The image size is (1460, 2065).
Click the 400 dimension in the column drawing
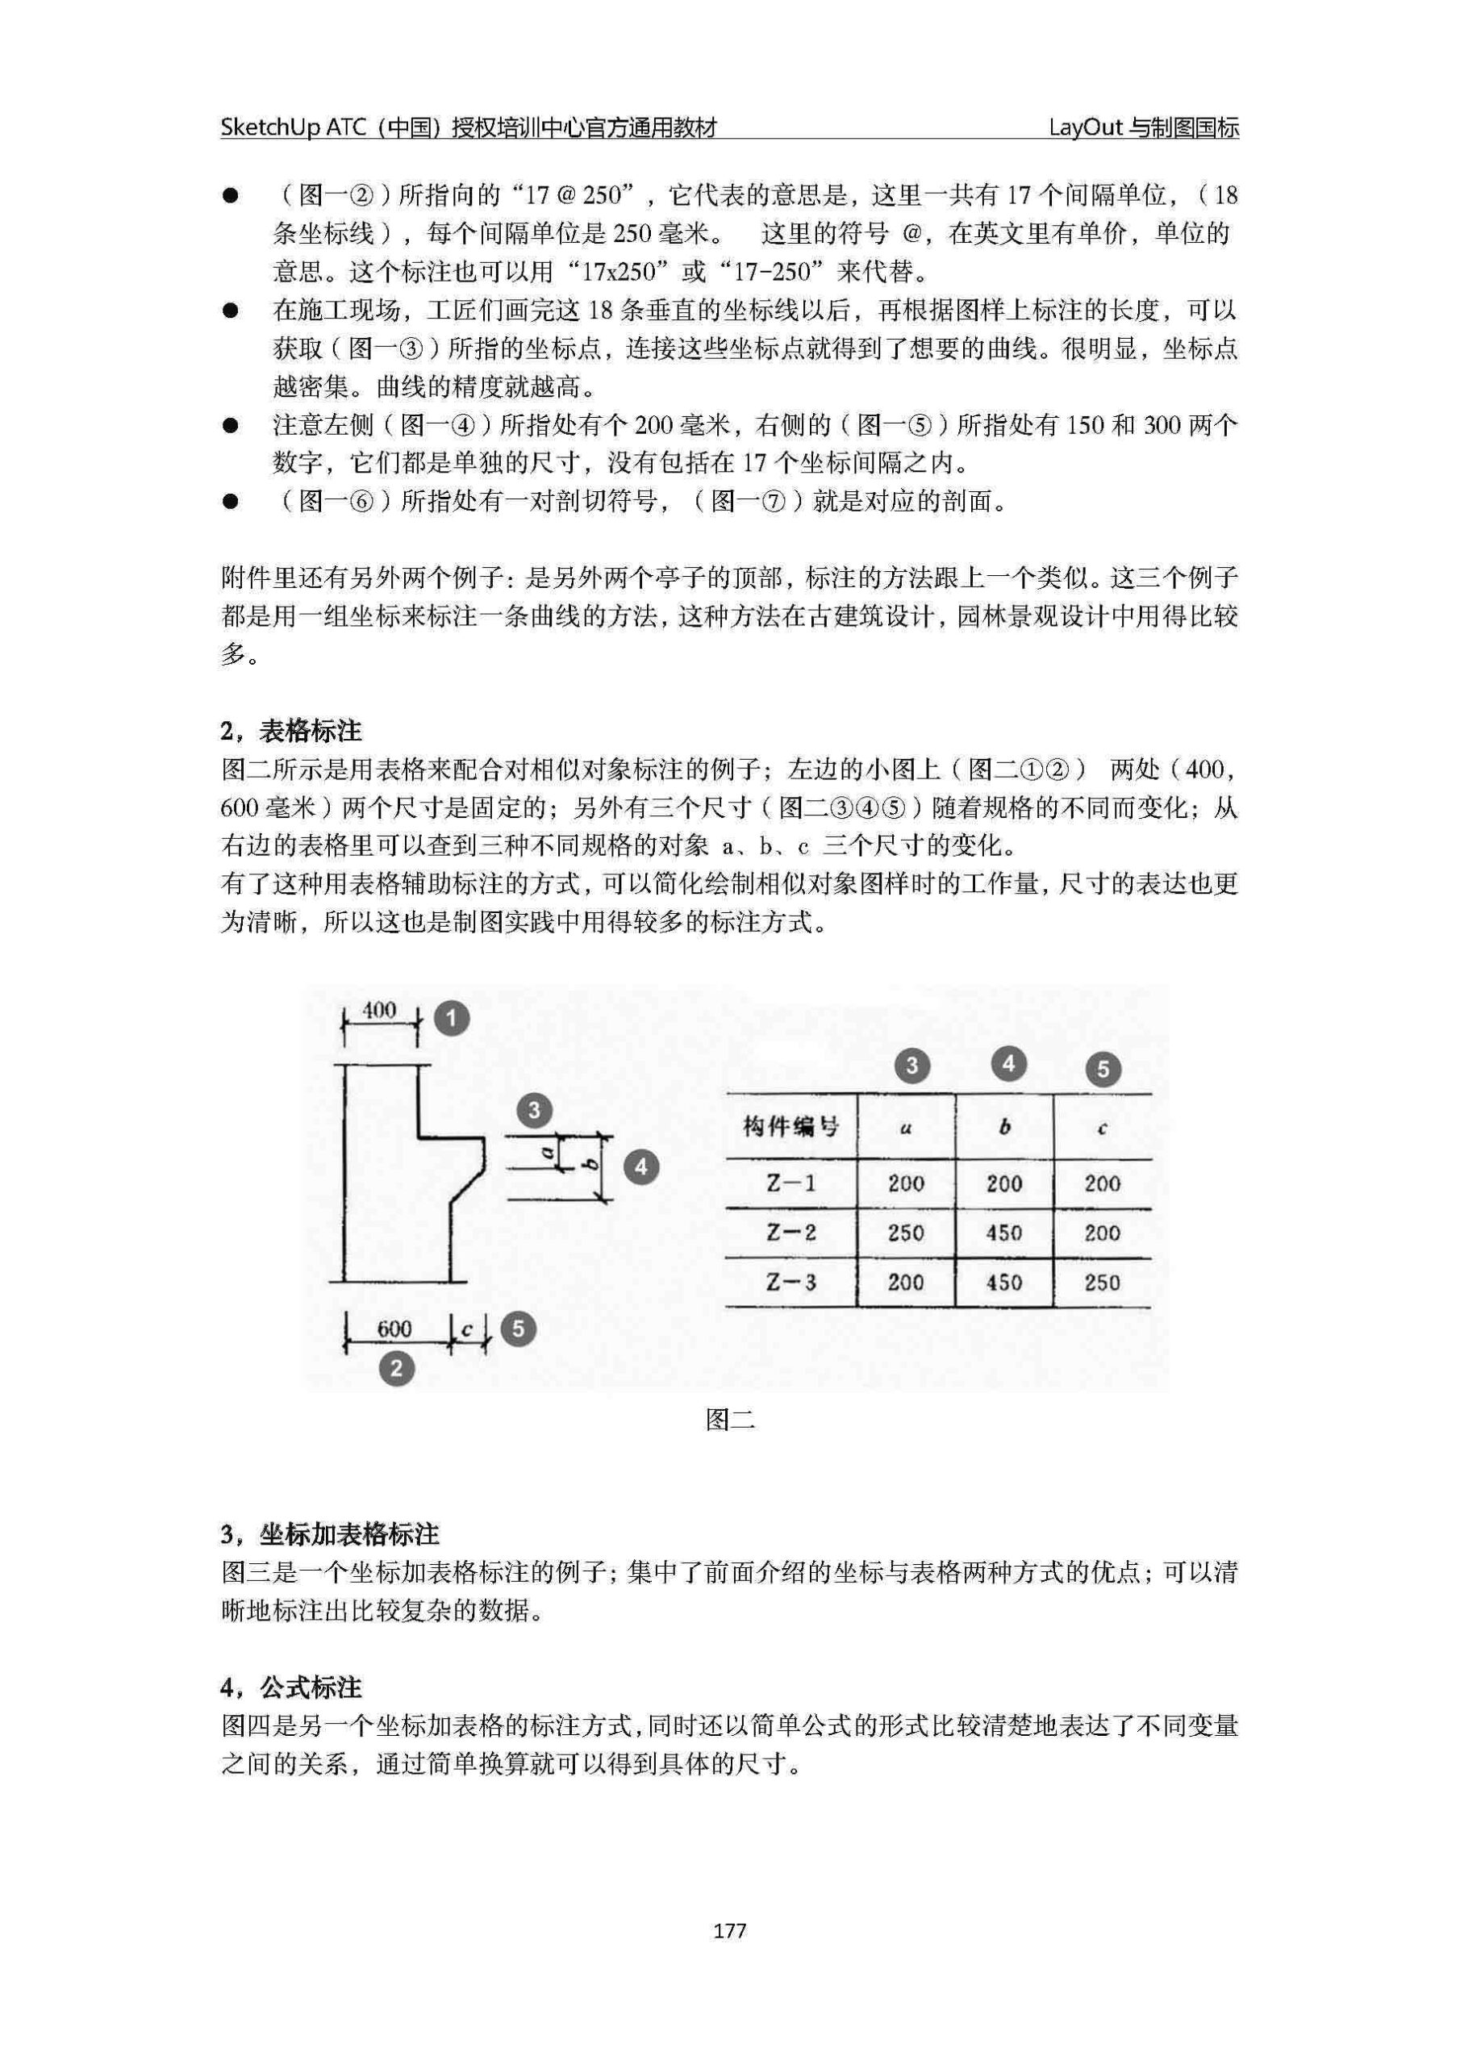pyautogui.click(x=379, y=1010)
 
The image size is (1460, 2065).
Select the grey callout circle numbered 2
pyautogui.click(x=396, y=1369)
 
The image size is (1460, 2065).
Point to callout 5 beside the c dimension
pyautogui.click(x=518, y=1329)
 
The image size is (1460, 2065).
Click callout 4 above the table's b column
pyautogui.click(x=1007, y=1064)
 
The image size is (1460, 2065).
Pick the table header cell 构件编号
pyautogui.click(x=790, y=1126)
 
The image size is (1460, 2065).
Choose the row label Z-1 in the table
pyautogui.click(x=790, y=1183)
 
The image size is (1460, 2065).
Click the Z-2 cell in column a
pyautogui.click(x=906, y=1233)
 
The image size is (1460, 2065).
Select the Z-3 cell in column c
pyautogui.click(x=1102, y=1282)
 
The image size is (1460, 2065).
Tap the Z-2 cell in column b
pyautogui.click(x=1004, y=1233)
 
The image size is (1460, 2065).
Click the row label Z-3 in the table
pyautogui.click(x=790, y=1282)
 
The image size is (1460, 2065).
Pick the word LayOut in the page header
pyautogui.click(x=1086, y=127)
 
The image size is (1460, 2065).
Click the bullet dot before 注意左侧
pyautogui.click(x=232, y=425)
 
